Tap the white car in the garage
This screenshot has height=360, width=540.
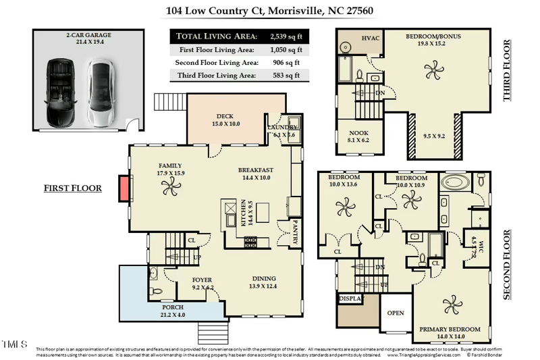[101, 92]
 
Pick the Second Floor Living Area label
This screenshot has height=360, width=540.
[216, 62]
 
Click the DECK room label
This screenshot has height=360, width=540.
[225, 116]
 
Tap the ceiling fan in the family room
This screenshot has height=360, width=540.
[169, 191]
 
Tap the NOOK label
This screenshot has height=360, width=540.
[359, 133]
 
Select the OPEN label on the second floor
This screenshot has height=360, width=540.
[395, 313]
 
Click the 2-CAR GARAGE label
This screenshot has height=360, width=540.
[88, 34]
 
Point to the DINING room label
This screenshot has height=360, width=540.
[263, 278]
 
